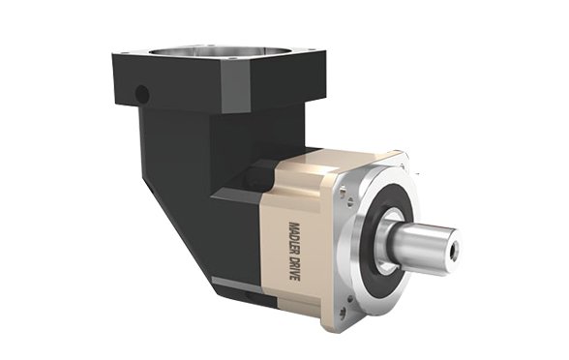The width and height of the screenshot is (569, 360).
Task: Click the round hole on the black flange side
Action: point(141,94)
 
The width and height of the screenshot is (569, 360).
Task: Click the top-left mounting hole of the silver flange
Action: point(344,191)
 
